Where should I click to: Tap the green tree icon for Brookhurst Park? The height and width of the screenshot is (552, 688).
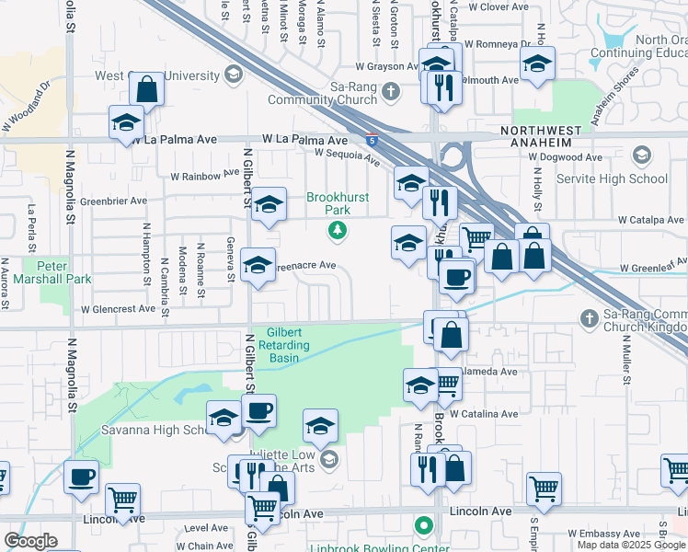pyautogui.click(x=338, y=230)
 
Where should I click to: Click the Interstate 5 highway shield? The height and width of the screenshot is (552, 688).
pyautogui.click(x=372, y=141)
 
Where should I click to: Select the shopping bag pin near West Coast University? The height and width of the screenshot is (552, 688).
pyautogui.click(x=146, y=90)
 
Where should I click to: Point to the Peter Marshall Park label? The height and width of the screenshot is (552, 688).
pyautogui.click(x=40, y=271)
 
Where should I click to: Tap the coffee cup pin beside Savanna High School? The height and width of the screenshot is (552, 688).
pyautogui.click(x=259, y=410)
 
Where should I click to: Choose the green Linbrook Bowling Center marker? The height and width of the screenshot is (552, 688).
pyautogui.click(x=423, y=528)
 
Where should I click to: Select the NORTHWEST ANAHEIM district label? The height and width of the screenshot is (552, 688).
pyautogui.click(x=549, y=144)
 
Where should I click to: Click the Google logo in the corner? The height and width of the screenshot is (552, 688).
pyautogui.click(x=30, y=541)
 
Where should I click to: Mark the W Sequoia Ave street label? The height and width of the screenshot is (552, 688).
pyautogui.click(x=348, y=157)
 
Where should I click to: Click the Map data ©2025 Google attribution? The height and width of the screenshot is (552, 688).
pyautogui.click(x=631, y=545)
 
